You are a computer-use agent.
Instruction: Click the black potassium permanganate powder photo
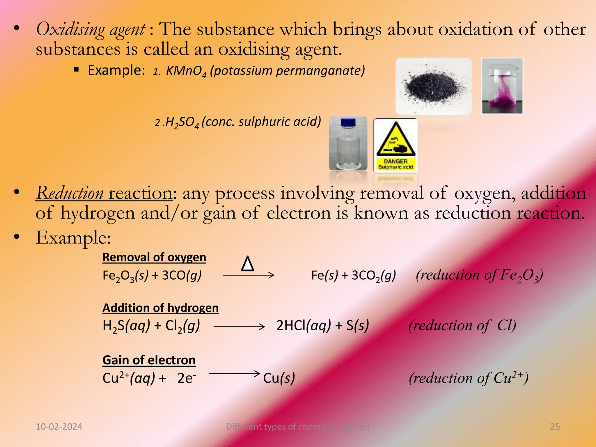coord(433,86)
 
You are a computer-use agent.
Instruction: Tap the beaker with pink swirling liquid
coord(502,86)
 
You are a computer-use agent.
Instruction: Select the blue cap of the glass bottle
coord(348,123)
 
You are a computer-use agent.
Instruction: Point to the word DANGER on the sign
coord(395,161)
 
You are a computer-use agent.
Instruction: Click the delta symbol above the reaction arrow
coord(248,264)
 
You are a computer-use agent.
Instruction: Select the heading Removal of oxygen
coord(154,257)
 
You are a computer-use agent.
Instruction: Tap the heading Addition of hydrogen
coord(160,308)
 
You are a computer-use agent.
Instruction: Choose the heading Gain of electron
coord(149,360)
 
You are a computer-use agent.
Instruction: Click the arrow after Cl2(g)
coord(239,327)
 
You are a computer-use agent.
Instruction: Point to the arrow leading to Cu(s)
coord(234,373)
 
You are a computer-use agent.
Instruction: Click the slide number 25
coord(555,427)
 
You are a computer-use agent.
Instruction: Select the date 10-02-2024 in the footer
coord(59,427)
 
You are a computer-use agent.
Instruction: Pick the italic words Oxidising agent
coord(90,29)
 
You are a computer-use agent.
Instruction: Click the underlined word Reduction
coord(70,193)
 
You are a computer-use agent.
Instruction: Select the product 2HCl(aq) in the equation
coord(304,325)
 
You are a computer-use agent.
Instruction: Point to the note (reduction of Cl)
coord(462,325)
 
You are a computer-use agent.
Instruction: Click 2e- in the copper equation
coord(186,378)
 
